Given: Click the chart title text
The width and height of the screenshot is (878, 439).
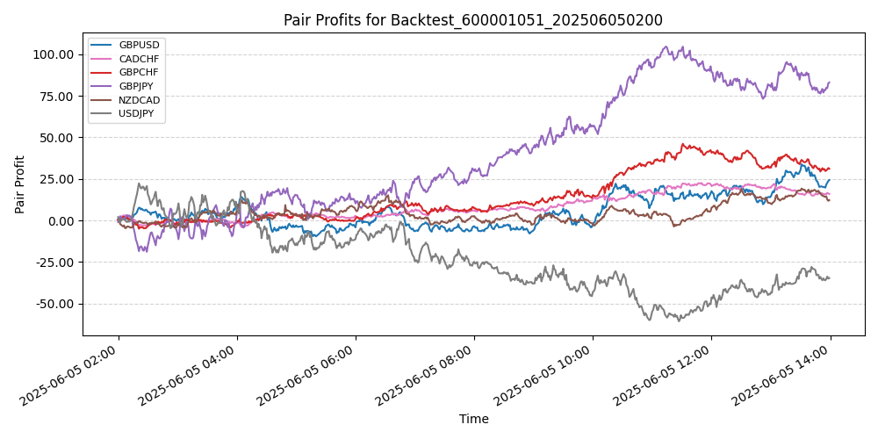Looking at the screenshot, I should [x=473, y=20].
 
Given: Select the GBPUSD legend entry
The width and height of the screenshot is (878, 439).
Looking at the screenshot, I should [x=139, y=45].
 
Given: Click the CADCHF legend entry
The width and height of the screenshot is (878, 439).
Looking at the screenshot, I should [x=139, y=59].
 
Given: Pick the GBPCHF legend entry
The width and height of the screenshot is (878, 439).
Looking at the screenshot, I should [x=139, y=72].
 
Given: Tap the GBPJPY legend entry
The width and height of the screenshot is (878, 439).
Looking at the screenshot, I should [x=138, y=86].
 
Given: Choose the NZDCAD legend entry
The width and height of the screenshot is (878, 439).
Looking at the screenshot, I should [x=139, y=100].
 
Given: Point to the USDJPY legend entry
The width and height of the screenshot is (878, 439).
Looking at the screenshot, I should [x=138, y=113].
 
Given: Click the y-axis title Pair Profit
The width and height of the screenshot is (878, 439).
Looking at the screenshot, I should [x=20, y=184].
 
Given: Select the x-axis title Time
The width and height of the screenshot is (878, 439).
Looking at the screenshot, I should [x=474, y=420].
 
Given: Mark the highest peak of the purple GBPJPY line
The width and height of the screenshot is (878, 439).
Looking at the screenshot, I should [x=666, y=47].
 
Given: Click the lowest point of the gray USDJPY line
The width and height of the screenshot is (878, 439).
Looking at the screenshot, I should [x=678, y=321].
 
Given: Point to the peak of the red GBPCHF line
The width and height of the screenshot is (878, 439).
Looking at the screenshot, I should [x=684, y=144].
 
